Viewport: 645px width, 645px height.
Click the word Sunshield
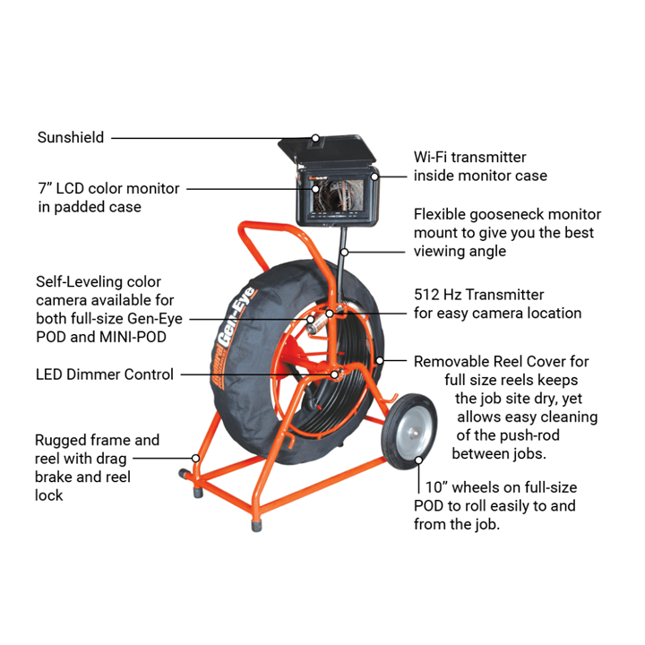pyautogui.click(x=71, y=138)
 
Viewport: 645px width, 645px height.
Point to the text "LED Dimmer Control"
pyautogui.click(x=105, y=374)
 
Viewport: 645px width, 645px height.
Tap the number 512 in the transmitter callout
pyautogui.click(x=428, y=294)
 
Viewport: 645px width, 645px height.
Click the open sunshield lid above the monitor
pyautogui.click(x=332, y=149)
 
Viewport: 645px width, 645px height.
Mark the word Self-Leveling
pyautogui.click(x=79, y=282)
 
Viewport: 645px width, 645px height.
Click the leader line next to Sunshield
pyautogui.click(x=206, y=138)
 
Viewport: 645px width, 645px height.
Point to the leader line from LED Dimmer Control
pyautogui.click(x=251, y=374)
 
